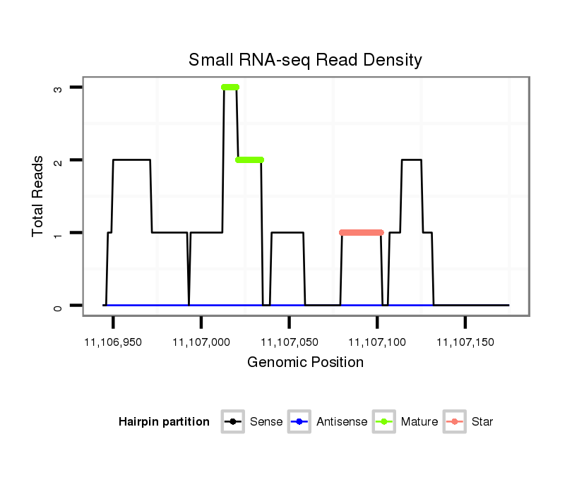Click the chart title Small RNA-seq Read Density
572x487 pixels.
coord(305,60)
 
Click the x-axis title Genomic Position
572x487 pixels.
coord(305,363)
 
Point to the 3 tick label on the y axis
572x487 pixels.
coord(57,88)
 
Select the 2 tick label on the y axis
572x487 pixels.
coord(57,160)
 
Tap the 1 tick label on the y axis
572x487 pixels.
coord(57,233)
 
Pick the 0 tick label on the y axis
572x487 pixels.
coord(57,306)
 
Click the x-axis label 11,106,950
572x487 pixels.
coord(113,342)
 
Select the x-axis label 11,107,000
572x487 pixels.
coord(201,342)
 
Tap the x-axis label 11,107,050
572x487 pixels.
coord(290,342)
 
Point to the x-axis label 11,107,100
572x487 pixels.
coord(377,342)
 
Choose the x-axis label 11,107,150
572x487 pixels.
coord(465,342)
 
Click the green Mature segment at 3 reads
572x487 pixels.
coord(230,88)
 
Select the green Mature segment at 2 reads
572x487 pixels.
coord(249,160)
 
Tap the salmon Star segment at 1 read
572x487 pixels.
coord(361,232)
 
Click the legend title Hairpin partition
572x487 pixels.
coord(164,422)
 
